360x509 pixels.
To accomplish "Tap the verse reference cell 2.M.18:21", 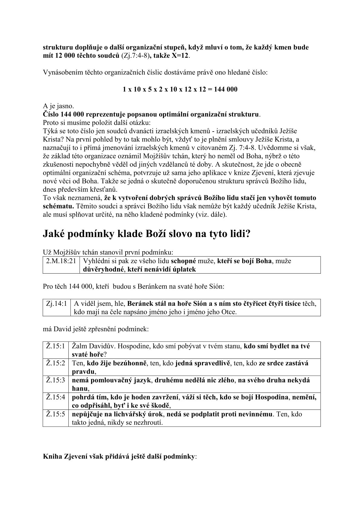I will [61, 261].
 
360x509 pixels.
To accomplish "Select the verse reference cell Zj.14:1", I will [57, 304].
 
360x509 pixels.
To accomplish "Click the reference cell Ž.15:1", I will [56, 346].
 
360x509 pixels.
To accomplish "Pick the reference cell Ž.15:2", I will [56, 363].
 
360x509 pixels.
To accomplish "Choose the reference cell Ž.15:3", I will [56, 380].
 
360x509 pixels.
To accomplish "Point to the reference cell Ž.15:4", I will [56, 397].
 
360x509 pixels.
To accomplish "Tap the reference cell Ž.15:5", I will [56, 414].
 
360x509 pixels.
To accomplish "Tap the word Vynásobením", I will [62, 73].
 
